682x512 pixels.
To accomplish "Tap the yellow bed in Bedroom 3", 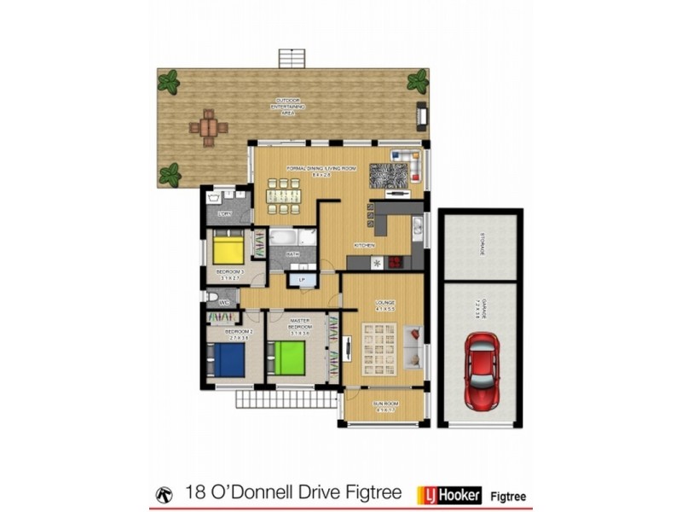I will [x=228, y=249].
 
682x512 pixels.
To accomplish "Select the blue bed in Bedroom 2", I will [x=228, y=359].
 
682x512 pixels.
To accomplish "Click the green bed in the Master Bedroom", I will [x=288, y=358].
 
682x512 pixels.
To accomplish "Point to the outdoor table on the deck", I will [x=209, y=127].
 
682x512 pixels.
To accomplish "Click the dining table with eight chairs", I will [x=283, y=196].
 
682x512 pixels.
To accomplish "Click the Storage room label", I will [x=481, y=248].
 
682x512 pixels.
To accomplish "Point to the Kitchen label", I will [x=365, y=246].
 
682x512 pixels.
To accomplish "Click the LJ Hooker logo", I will [x=448, y=494].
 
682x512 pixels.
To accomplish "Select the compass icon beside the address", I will [x=164, y=494].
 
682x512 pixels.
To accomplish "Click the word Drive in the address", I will [x=325, y=494].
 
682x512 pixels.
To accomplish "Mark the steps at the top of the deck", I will [x=291, y=58].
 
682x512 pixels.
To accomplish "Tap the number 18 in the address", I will [x=195, y=494].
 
